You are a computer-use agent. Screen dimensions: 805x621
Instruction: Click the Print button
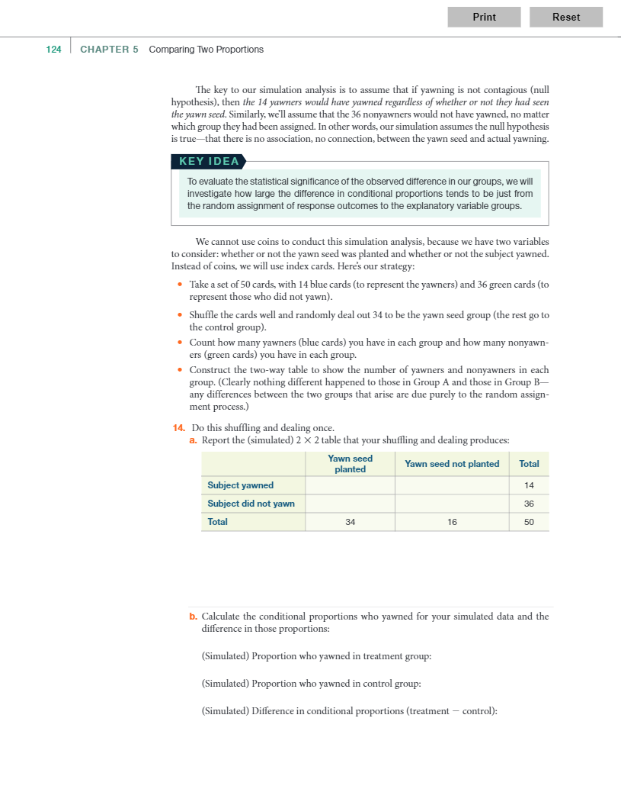click(x=484, y=17)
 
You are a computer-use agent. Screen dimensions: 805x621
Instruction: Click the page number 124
click(x=53, y=50)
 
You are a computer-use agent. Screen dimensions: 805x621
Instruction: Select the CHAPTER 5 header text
click(x=109, y=50)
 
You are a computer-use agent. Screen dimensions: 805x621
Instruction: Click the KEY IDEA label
click(x=209, y=161)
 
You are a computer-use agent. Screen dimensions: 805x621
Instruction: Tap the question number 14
click(x=180, y=427)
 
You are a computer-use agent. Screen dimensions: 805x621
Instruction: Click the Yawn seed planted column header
click(x=350, y=464)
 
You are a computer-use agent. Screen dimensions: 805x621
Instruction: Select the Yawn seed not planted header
click(x=452, y=464)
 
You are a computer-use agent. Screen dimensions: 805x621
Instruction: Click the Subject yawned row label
click(x=241, y=485)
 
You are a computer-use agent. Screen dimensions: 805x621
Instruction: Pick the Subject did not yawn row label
click(x=251, y=504)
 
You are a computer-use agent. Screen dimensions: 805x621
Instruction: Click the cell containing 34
click(x=350, y=522)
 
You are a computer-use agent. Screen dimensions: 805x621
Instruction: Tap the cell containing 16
click(x=452, y=522)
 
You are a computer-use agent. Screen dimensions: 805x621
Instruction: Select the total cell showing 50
click(x=529, y=522)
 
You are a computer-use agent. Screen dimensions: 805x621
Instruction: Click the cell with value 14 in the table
click(x=529, y=485)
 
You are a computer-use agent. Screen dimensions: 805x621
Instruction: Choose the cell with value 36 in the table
click(x=529, y=504)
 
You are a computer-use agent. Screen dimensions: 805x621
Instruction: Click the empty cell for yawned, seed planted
click(x=350, y=485)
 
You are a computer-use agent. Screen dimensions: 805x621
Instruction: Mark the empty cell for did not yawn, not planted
click(x=452, y=504)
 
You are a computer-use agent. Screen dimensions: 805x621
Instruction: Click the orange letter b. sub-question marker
click(x=193, y=617)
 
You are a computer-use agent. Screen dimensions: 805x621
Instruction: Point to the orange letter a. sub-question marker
click(x=193, y=440)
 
